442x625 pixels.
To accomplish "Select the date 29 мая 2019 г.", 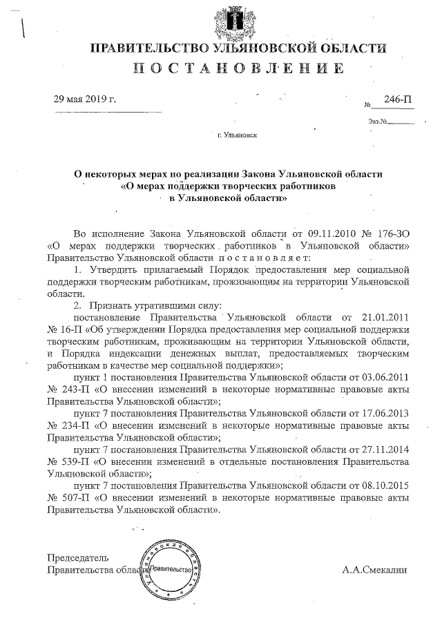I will coord(85,99).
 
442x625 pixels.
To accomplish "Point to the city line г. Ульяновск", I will coord(237,135).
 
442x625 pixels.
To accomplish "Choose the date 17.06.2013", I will coord(385,411).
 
